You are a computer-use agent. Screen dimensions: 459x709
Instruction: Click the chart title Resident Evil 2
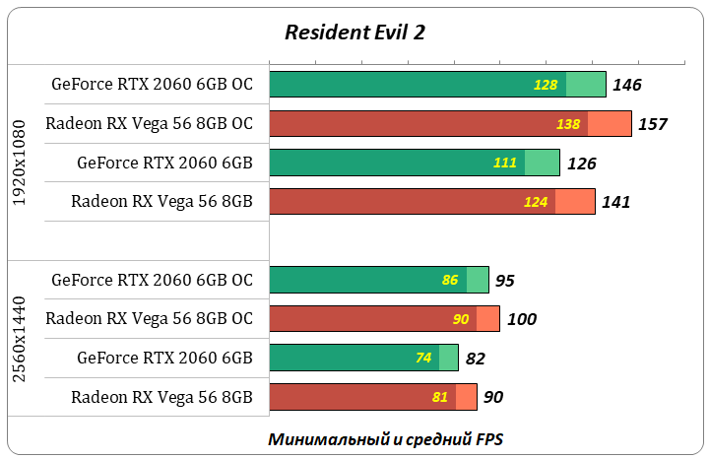point(354,32)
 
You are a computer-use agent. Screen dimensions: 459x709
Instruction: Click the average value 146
point(627,85)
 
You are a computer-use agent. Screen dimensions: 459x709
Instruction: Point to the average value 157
point(652,124)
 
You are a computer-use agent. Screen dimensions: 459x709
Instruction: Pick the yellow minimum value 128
point(546,85)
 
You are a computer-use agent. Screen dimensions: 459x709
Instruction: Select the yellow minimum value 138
point(568,124)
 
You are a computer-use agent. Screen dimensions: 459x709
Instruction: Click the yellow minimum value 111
point(504,163)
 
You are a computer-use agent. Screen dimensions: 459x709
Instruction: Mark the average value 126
point(581,164)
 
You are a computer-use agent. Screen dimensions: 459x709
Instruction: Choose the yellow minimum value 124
point(536,202)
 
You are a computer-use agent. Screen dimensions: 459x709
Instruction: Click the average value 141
point(615,202)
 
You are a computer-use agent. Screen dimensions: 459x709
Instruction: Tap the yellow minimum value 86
point(450,280)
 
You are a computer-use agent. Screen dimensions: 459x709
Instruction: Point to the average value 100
point(522,319)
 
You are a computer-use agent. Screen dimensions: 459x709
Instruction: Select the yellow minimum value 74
point(423,358)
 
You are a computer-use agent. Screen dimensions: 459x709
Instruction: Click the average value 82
point(475,359)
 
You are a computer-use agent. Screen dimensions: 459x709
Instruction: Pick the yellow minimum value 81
point(439,397)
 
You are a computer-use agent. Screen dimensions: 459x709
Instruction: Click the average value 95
point(504,281)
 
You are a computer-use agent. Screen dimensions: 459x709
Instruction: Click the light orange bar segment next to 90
point(466,397)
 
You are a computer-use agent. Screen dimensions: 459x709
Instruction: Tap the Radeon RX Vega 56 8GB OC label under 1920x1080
point(150,124)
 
